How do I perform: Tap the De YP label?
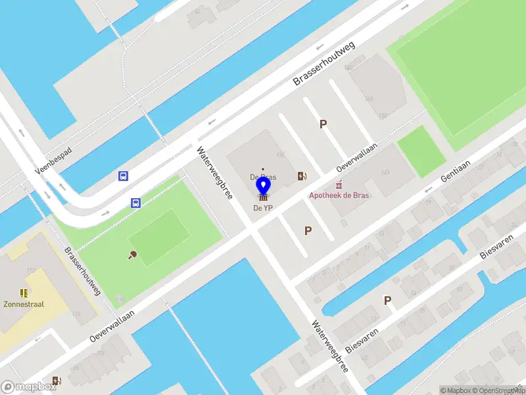(263, 208)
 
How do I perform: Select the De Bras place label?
(263, 177)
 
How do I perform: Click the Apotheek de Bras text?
(340, 196)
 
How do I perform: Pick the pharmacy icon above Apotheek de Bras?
(339, 186)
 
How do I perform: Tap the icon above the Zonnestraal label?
(24, 293)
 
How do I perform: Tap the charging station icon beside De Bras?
(302, 176)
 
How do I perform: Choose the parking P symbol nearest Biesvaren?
(388, 300)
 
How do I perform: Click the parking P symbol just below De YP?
(308, 230)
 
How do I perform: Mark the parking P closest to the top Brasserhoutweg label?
(323, 124)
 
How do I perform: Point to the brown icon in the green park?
(132, 254)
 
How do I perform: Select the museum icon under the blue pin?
(263, 197)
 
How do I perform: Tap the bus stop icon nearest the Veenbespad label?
(123, 176)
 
